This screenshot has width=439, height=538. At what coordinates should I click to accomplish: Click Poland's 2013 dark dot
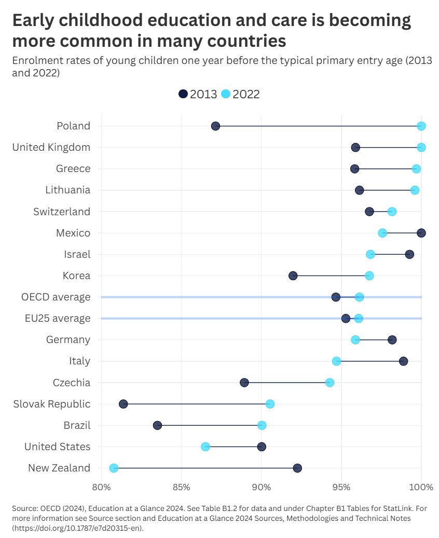(215, 126)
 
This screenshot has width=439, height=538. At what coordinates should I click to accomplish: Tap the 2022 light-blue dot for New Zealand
(114, 468)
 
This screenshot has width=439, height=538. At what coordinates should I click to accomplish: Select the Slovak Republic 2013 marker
(123, 404)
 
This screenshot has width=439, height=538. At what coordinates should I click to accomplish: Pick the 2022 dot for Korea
(369, 275)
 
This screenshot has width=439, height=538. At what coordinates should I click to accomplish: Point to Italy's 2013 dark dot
(403, 361)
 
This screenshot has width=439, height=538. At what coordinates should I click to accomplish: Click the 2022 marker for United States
(205, 447)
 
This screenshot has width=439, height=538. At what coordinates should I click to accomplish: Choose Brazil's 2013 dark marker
(157, 426)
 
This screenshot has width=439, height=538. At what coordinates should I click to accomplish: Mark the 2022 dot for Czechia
(330, 383)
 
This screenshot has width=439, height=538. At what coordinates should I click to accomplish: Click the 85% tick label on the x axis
(181, 487)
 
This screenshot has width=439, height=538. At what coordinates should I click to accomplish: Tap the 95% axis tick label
(341, 487)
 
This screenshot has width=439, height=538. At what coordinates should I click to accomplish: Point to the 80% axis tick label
(101, 487)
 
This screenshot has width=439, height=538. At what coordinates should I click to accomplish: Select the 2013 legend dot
(183, 94)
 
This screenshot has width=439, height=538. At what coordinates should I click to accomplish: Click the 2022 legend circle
(226, 94)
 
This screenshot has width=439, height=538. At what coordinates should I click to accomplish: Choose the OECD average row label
(56, 297)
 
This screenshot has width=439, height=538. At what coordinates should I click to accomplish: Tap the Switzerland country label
(62, 212)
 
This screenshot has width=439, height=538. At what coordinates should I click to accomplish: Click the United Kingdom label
(51, 148)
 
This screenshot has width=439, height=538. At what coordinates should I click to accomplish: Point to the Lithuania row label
(68, 190)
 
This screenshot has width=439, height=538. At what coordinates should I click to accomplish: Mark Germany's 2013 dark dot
(392, 340)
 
